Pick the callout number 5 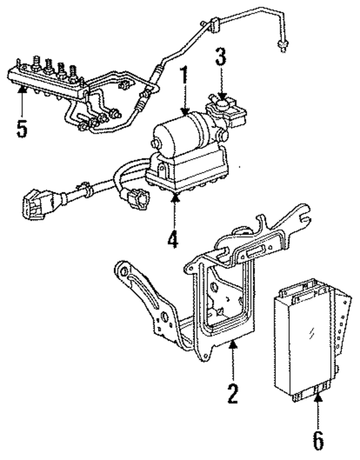(21, 128)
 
